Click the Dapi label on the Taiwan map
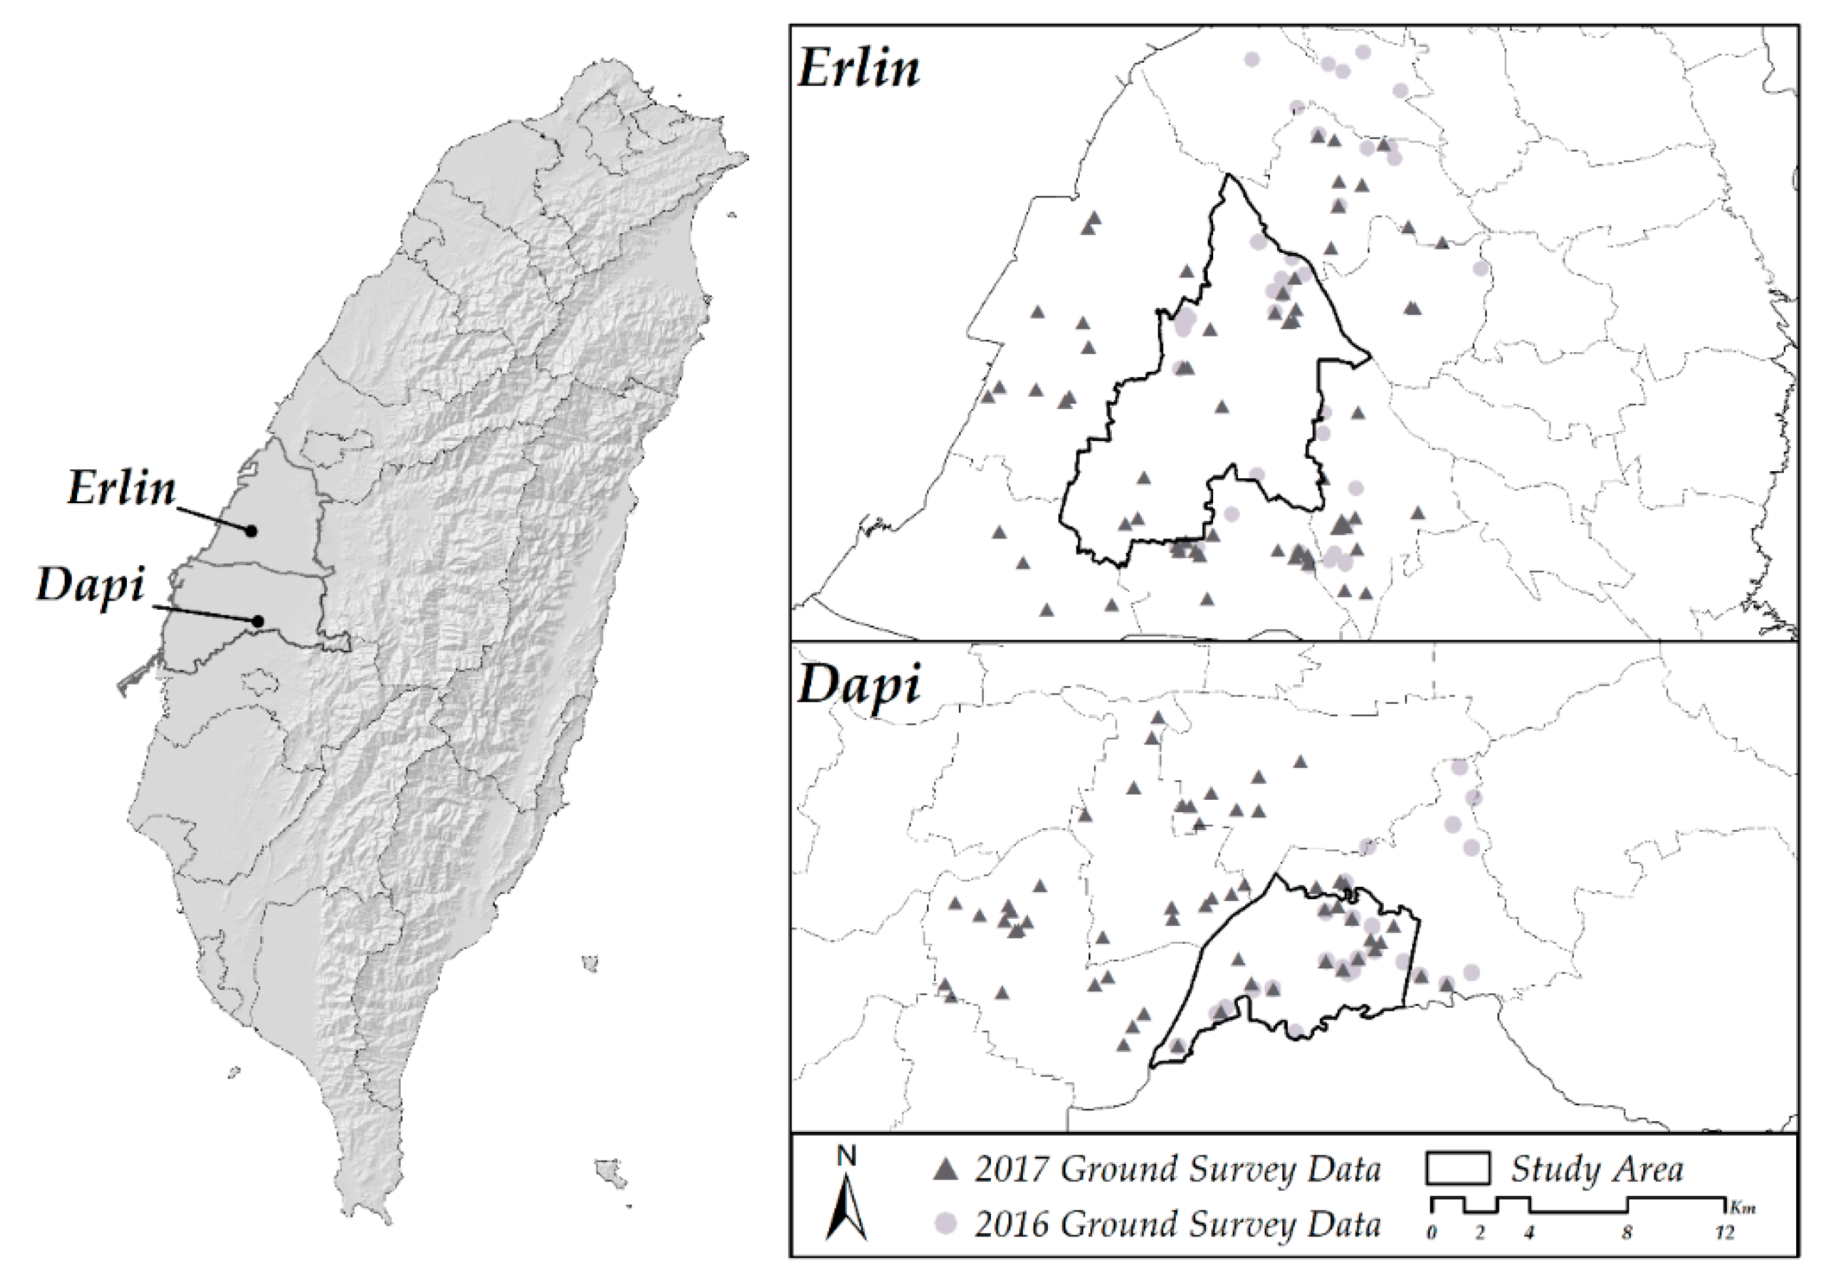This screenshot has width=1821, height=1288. click(92, 586)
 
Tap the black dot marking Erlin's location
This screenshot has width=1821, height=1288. click(252, 531)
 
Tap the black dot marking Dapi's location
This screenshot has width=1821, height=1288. click(258, 621)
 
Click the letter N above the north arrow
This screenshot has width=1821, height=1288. click(846, 1158)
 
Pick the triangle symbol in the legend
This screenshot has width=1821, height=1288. click(946, 1169)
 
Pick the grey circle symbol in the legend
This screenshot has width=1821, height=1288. click(946, 1224)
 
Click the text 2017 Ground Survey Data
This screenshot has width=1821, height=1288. click(1178, 1169)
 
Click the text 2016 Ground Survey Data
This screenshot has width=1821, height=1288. click(1178, 1225)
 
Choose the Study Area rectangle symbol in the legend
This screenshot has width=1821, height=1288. click(1457, 1168)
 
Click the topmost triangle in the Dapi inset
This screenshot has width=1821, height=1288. click(1158, 718)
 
